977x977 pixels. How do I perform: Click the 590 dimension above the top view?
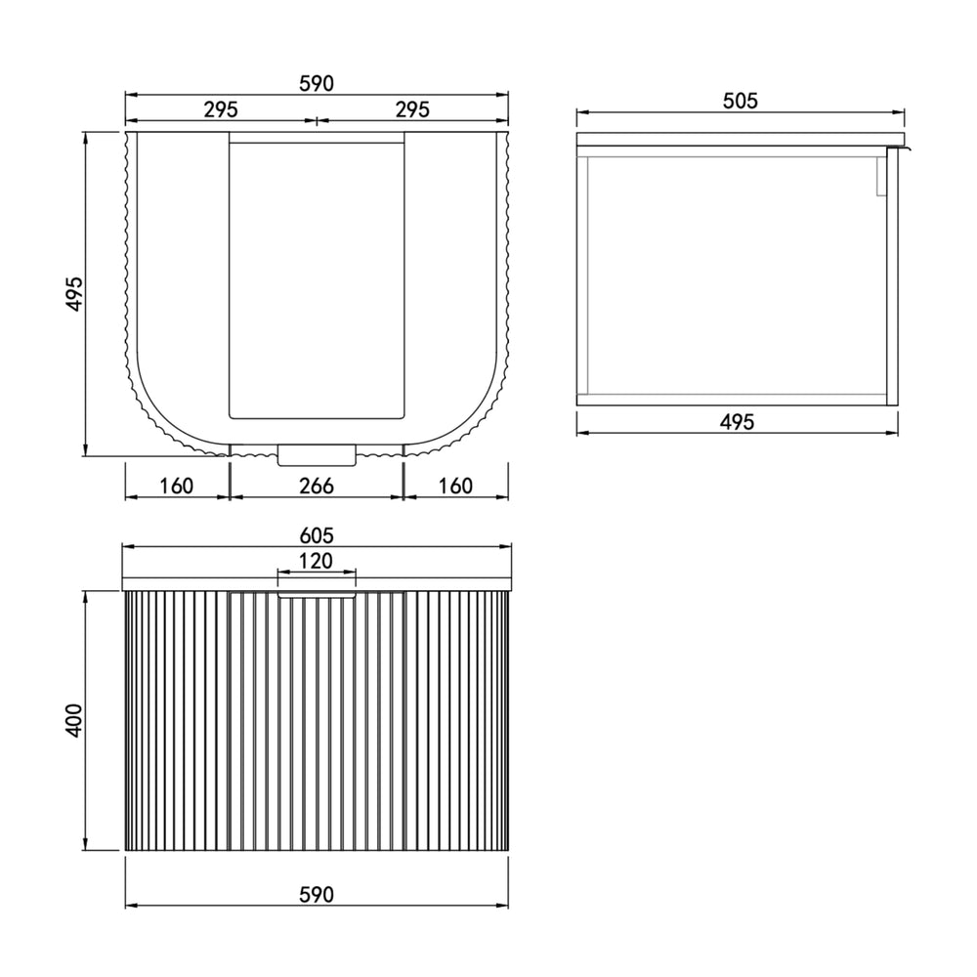317,83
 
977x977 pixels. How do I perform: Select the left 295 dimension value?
221,109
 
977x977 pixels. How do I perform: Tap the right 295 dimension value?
412,109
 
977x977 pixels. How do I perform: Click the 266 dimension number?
317,486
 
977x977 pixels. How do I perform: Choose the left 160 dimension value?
176,486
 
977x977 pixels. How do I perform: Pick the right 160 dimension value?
455,486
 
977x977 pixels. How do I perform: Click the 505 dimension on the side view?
741,101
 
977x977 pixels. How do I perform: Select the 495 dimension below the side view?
737,422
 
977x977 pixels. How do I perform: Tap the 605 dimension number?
317,535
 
